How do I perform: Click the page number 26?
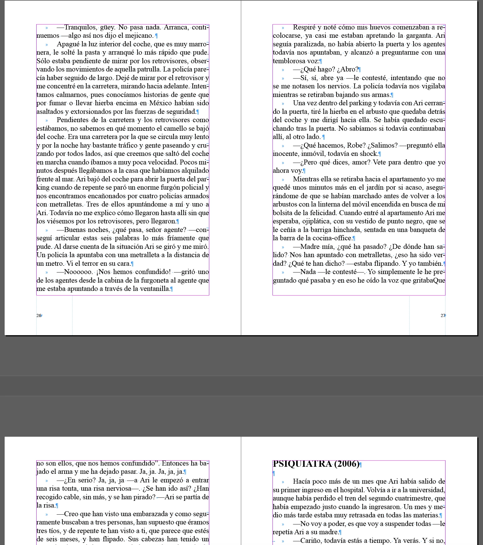pos(39,315)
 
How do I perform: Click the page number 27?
pos(442,315)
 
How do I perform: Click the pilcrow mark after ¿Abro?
pos(360,70)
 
